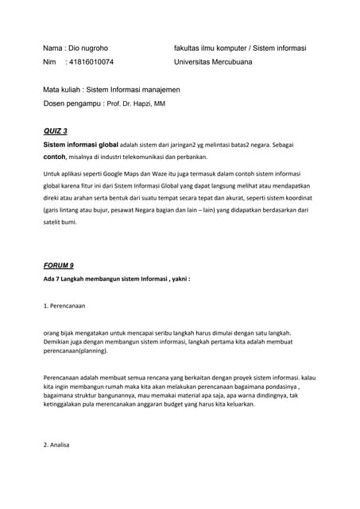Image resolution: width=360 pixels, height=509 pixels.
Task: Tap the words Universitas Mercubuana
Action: point(212,61)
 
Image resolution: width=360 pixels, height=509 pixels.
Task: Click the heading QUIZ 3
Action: point(55,130)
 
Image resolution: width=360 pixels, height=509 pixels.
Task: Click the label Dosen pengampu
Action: point(72,104)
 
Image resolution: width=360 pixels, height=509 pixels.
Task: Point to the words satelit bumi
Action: point(62,223)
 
